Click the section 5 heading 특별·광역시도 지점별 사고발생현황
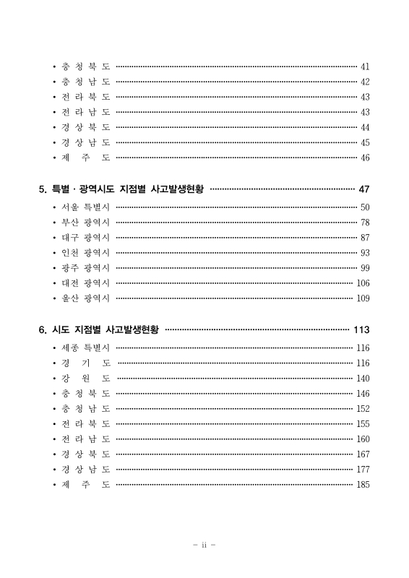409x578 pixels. pos(123,189)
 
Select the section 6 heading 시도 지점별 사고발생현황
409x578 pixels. pos(101,330)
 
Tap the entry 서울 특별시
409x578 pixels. pos(85,207)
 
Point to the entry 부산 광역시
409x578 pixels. pos(85,223)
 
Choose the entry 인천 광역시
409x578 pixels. pos(85,253)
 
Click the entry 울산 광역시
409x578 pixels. pos(85,298)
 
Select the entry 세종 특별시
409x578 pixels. pos(85,348)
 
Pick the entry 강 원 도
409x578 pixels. pos(85,378)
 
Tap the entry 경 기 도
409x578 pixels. pos(85,363)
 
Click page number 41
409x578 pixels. pos(365,67)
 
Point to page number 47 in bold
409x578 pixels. pos(363,189)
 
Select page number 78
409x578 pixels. pos(365,223)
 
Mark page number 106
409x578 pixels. pos(363,283)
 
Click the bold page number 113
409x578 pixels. pos(361,330)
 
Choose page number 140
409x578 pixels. pos(363,378)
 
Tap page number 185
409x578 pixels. pos(363,484)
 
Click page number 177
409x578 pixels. pos(363,469)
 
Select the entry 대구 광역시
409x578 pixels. pos(85,238)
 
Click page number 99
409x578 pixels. pos(365,268)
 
